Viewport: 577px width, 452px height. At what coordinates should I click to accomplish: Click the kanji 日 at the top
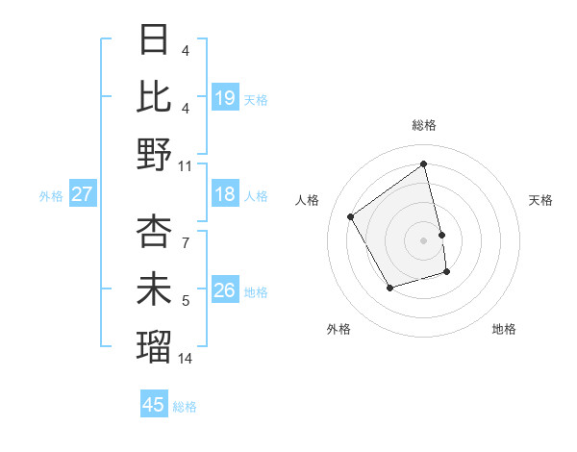pyautogui.click(x=155, y=40)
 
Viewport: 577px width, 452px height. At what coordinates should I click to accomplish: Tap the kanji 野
pyautogui.click(x=155, y=154)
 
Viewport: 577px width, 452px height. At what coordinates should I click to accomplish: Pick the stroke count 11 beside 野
pyautogui.click(x=186, y=165)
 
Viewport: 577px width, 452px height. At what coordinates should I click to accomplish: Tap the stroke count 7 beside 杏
pyautogui.click(x=186, y=233)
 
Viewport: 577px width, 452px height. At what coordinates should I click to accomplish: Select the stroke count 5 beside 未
pyautogui.click(x=186, y=301)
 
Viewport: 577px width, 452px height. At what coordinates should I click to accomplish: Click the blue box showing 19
pyautogui.click(x=225, y=98)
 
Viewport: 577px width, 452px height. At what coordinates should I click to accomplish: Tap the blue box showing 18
pyautogui.click(x=225, y=195)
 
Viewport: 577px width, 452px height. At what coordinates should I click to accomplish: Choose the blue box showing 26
pyautogui.click(x=225, y=290)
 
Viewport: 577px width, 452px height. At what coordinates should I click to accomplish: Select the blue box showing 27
pyautogui.click(x=82, y=195)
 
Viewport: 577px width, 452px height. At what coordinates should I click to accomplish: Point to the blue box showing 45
pyautogui.click(x=154, y=405)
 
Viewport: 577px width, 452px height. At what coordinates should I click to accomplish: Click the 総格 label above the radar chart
pyautogui.click(x=424, y=125)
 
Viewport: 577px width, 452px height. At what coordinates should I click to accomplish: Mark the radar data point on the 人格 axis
pyautogui.click(x=351, y=216)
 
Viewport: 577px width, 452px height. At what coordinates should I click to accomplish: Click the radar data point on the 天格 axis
pyautogui.click(x=441, y=235)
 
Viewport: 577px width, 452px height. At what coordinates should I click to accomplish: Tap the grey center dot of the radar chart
pyautogui.click(x=424, y=240)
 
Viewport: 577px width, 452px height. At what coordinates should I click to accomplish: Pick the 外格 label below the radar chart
pyautogui.click(x=339, y=329)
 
